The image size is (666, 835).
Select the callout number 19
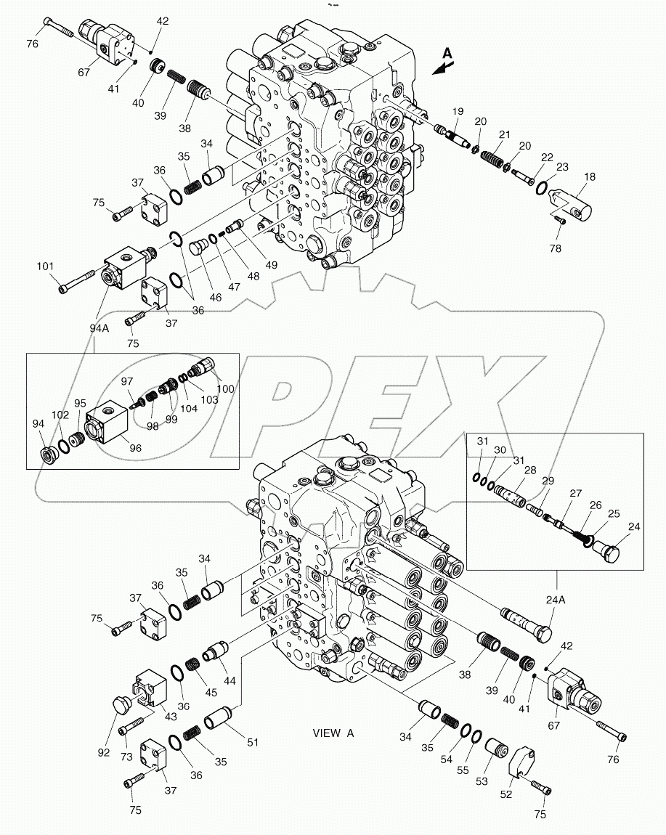[458, 111]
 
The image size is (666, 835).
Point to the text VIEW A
[333, 733]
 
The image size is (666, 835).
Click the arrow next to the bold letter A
[440, 68]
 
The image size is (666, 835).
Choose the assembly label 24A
[556, 600]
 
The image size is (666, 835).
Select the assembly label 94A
[100, 328]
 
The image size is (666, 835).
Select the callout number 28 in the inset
[530, 471]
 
